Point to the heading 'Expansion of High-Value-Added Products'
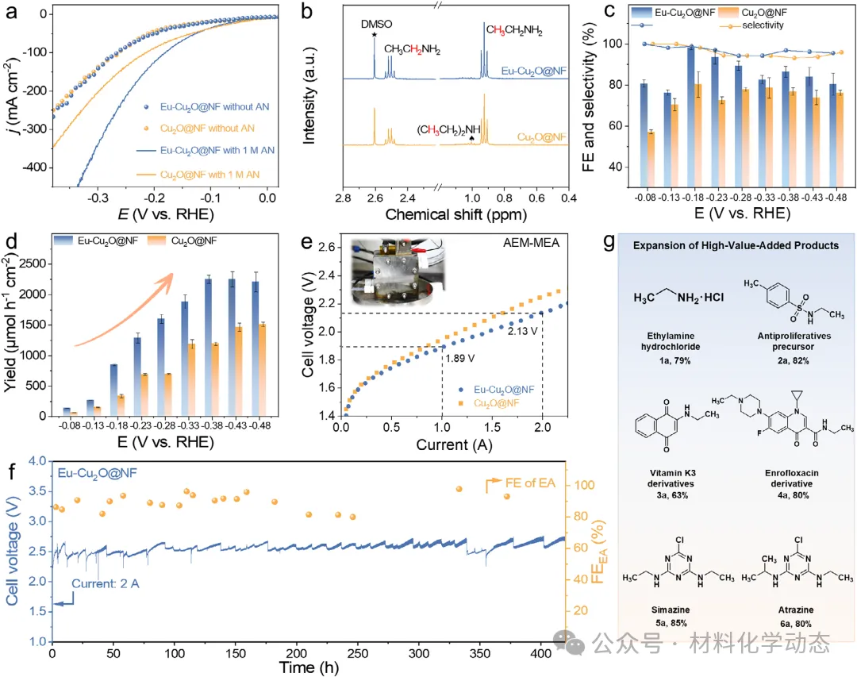[x=735, y=245]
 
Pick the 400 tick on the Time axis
[x=541, y=652]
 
